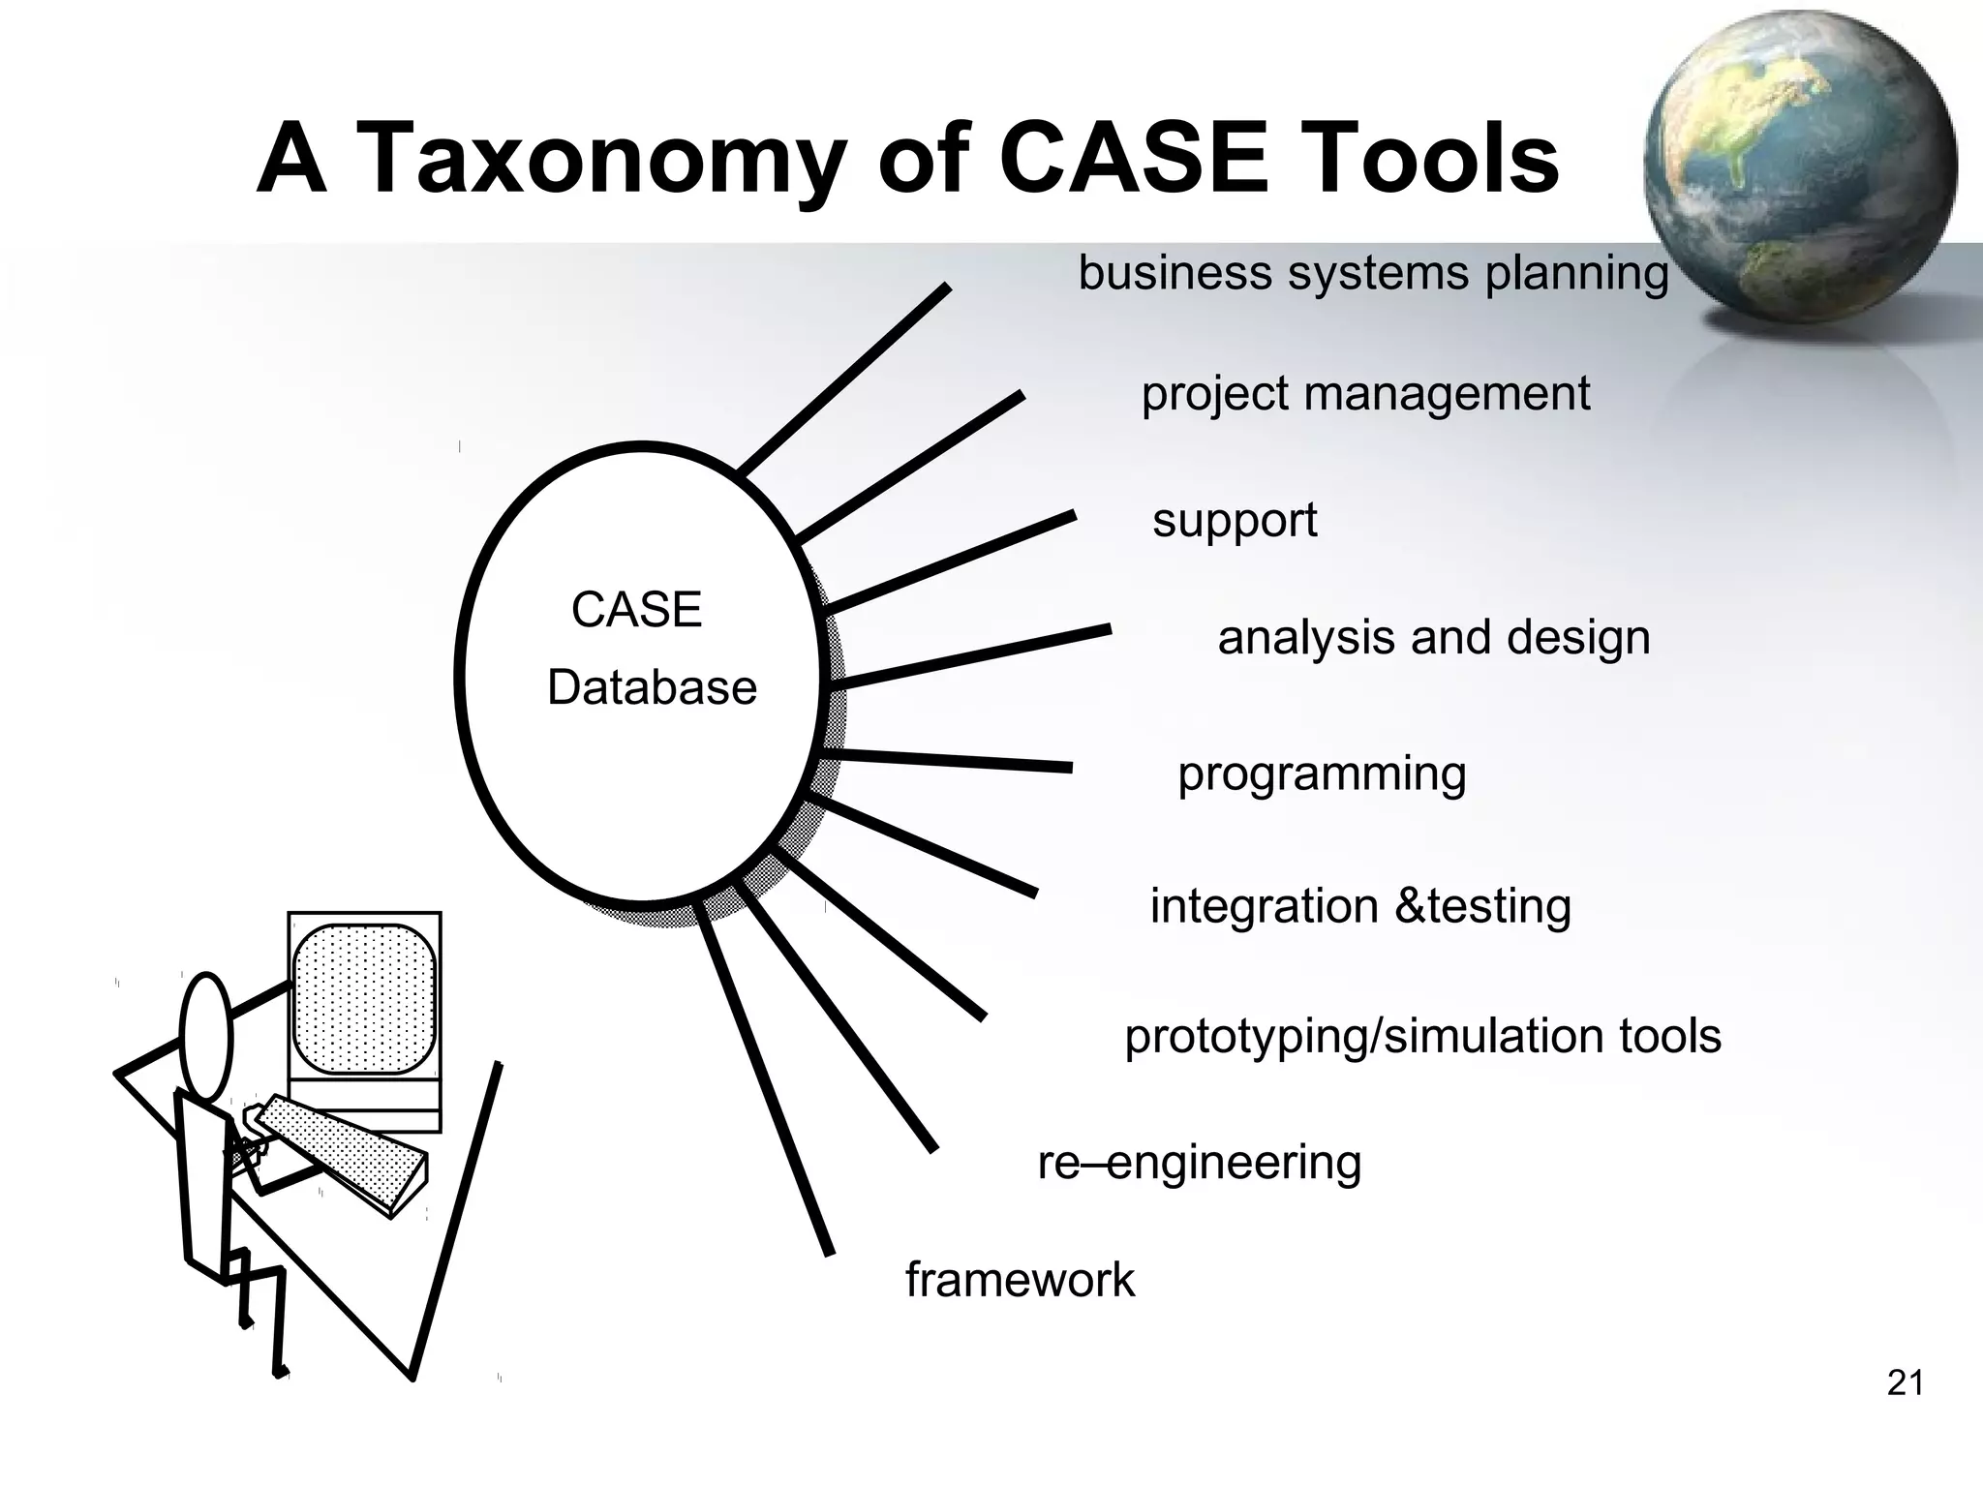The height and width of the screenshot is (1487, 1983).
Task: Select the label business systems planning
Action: click(x=1373, y=274)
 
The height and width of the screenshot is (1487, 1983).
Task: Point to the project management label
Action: click(x=1365, y=394)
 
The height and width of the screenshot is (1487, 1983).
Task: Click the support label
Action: click(x=1235, y=521)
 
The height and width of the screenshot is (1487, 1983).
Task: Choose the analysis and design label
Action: click(x=1433, y=638)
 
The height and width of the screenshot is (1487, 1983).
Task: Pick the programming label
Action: click(x=1322, y=774)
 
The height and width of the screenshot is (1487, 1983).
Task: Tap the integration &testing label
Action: click(x=1360, y=907)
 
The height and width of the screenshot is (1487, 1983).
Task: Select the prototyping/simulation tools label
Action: click(x=1422, y=1036)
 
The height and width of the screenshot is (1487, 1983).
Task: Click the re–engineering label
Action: click(x=1199, y=1163)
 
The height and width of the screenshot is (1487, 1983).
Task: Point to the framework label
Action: click(x=1020, y=1280)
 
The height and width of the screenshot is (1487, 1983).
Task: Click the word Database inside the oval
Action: click(x=652, y=688)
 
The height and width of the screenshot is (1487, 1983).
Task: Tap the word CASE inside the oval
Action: click(x=636, y=610)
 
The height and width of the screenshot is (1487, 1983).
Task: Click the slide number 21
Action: click(x=1905, y=1383)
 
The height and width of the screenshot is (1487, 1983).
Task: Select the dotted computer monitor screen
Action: click(x=364, y=999)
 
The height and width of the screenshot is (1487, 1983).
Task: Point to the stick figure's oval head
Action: click(x=206, y=1035)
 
